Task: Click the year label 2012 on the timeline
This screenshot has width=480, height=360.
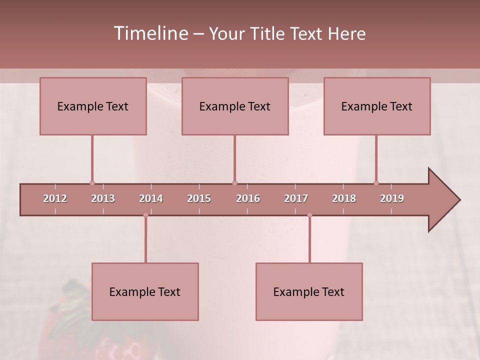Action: tap(55, 198)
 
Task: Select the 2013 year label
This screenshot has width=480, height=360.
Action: tap(103, 198)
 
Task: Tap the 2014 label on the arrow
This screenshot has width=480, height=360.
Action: tap(151, 198)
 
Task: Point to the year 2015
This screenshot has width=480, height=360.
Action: tap(199, 198)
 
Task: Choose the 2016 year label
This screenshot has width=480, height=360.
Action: tap(248, 198)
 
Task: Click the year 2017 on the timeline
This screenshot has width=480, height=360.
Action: tap(296, 198)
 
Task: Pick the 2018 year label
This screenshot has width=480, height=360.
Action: tap(344, 198)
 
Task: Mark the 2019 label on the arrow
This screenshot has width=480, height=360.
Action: tap(392, 198)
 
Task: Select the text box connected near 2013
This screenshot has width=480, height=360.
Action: tap(93, 106)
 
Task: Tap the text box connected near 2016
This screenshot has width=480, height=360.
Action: tap(235, 106)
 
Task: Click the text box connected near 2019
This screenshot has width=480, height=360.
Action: tap(377, 106)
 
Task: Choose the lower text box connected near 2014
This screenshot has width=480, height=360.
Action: tap(145, 291)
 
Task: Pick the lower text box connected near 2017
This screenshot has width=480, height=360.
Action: tap(309, 291)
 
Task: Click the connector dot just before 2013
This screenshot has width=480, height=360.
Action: tap(92, 183)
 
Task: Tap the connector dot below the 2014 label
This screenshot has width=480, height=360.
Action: tap(145, 215)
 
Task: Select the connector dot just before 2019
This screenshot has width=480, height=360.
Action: tap(376, 183)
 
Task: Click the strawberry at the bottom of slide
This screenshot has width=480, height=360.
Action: tap(65, 325)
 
